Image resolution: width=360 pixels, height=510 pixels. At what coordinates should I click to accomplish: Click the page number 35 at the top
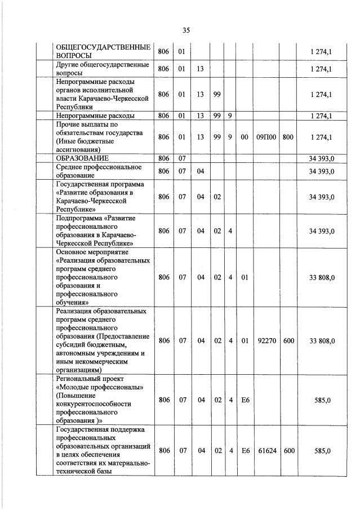[x=186, y=30]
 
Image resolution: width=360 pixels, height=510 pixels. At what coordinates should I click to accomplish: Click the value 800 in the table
[x=288, y=137]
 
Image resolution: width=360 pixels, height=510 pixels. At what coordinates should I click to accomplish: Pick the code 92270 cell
[x=266, y=340]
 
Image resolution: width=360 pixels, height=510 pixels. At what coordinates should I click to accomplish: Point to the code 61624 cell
[x=266, y=450]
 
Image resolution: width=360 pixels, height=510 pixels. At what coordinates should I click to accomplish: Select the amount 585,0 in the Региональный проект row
[x=324, y=400]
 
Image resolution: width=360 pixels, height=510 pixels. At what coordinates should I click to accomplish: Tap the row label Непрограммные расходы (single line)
[x=95, y=116]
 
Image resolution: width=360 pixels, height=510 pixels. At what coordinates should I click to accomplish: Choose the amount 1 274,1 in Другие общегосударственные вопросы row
[x=321, y=69]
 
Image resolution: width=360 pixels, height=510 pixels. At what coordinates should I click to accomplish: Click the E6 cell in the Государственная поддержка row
[x=245, y=450]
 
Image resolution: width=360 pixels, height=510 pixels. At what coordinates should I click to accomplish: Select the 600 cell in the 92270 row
[x=288, y=340]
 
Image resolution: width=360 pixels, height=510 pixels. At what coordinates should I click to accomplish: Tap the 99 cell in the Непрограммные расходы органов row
[x=217, y=94]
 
